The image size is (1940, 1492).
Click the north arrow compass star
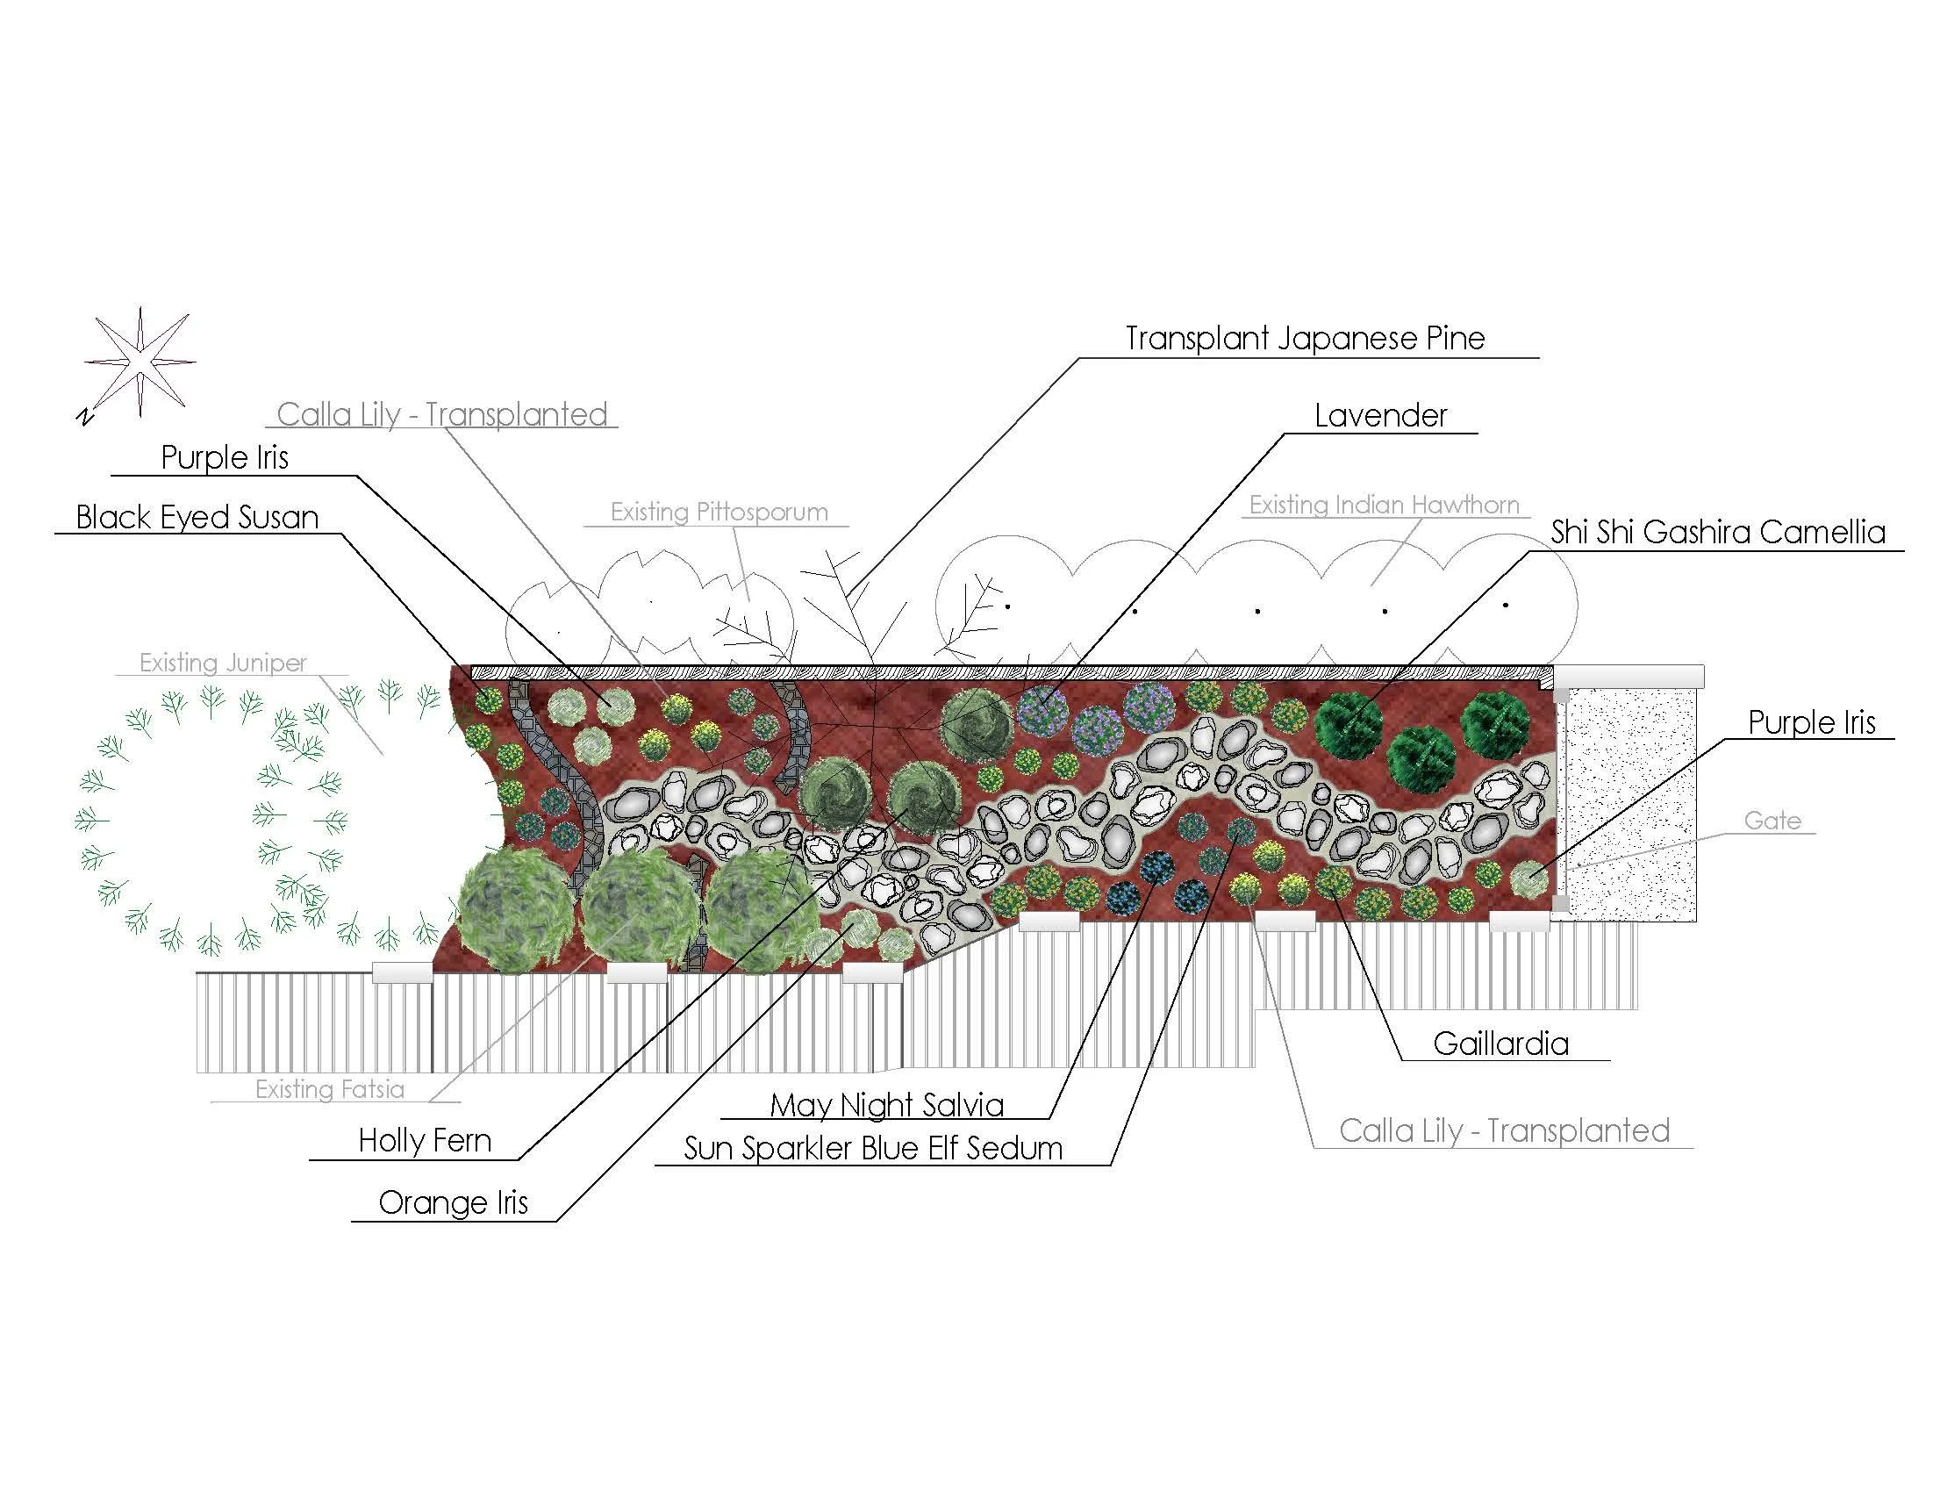(x=140, y=363)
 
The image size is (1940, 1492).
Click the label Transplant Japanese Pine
(x=1304, y=339)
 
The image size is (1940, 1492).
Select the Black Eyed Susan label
(x=197, y=517)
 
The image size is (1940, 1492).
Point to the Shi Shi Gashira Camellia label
(x=1717, y=532)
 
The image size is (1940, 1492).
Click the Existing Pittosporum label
(x=719, y=512)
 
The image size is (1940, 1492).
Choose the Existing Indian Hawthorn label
(x=1384, y=505)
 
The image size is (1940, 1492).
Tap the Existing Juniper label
(x=223, y=663)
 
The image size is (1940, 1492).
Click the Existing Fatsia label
(x=329, y=1089)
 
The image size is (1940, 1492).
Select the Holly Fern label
(x=425, y=1140)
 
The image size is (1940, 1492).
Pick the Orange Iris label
(x=453, y=1202)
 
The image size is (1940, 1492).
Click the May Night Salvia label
(x=886, y=1105)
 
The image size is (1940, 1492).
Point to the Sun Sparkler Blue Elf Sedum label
(x=873, y=1148)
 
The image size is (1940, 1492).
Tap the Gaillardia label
(x=1500, y=1044)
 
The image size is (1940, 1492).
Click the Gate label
(x=1772, y=821)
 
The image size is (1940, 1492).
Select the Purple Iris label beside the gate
(x=1811, y=723)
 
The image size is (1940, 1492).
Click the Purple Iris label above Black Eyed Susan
(x=225, y=457)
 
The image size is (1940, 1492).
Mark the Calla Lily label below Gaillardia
(x=1504, y=1130)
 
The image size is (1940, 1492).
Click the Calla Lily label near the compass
(x=442, y=414)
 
